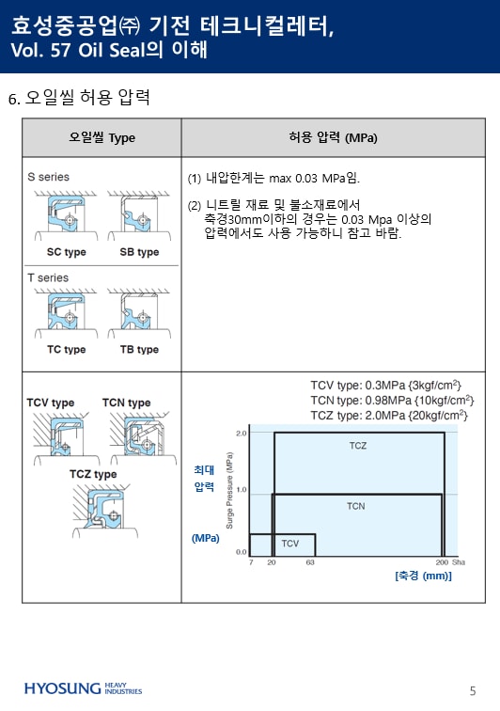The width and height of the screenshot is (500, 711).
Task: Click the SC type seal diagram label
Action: (x=66, y=252)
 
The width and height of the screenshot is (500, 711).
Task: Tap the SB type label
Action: (x=139, y=252)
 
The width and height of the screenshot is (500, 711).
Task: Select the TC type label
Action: (x=66, y=350)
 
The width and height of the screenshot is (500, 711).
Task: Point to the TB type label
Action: (x=139, y=350)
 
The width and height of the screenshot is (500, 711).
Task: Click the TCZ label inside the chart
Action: (x=358, y=446)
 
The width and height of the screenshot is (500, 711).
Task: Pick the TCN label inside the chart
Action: (x=356, y=506)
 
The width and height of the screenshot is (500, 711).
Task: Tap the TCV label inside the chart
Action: (x=290, y=544)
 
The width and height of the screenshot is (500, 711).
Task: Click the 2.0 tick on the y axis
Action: (x=242, y=433)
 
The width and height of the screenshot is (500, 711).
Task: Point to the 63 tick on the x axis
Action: (x=310, y=562)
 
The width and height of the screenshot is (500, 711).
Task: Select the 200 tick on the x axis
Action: (x=442, y=562)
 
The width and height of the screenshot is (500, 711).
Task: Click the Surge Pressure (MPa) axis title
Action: (x=229, y=491)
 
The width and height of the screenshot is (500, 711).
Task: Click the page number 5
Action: (x=473, y=690)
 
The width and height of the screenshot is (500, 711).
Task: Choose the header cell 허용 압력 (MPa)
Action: (x=334, y=138)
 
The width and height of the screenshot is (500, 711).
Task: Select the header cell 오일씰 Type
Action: (x=102, y=138)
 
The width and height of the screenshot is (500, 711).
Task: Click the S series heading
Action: (x=49, y=177)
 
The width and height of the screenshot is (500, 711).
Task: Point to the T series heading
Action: (x=48, y=277)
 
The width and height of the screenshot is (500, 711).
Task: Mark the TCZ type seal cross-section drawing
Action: (x=102, y=510)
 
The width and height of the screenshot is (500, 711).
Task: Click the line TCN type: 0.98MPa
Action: (x=392, y=401)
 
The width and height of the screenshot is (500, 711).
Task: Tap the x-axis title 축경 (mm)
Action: (x=423, y=576)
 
